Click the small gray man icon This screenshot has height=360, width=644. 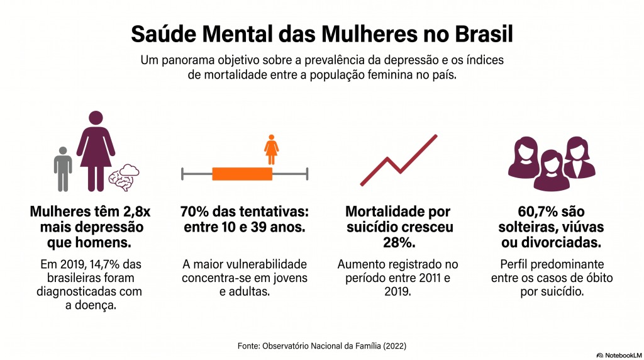pos(63,169)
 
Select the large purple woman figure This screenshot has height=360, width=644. pos(96,151)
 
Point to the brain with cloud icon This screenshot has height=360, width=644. pos(124,177)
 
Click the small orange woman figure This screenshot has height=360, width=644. pos(271,150)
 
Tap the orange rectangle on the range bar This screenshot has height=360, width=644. pos(242,174)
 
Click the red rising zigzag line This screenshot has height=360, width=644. pos(399,160)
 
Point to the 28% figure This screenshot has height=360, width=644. pos(399,242)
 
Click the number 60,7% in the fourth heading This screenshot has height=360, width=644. pos(534,211)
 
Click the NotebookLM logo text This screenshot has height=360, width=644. pos(623,355)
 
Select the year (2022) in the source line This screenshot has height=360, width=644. pos(395,346)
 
